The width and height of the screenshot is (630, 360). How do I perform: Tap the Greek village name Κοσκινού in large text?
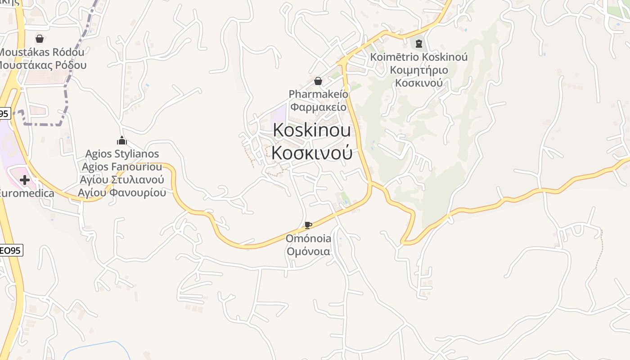(x=312, y=153)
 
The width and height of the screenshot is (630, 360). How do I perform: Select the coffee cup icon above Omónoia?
(x=308, y=225)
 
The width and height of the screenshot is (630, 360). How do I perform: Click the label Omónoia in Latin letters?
(x=308, y=238)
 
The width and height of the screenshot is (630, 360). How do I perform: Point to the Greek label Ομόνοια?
(x=308, y=251)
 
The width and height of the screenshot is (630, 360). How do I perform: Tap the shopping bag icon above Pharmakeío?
(x=318, y=81)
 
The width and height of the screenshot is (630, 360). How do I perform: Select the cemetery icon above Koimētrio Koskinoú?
(x=419, y=44)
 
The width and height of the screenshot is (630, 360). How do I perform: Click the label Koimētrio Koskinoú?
(x=419, y=57)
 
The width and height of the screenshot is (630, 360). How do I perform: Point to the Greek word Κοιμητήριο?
(x=419, y=70)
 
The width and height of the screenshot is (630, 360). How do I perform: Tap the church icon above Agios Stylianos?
(x=122, y=140)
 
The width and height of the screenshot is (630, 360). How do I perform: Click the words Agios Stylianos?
(x=122, y=154)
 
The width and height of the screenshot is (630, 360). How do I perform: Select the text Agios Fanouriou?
(x=122, y=167)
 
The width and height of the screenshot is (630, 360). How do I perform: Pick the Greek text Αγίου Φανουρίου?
(x=122, y=193)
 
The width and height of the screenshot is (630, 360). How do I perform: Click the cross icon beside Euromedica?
(x=25, y=180)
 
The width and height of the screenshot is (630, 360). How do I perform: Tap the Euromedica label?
(x=26, y=193)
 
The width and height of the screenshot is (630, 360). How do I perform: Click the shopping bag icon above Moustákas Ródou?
(x=40, y=39)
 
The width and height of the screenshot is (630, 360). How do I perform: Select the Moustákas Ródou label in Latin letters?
(x=41, y=52)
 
